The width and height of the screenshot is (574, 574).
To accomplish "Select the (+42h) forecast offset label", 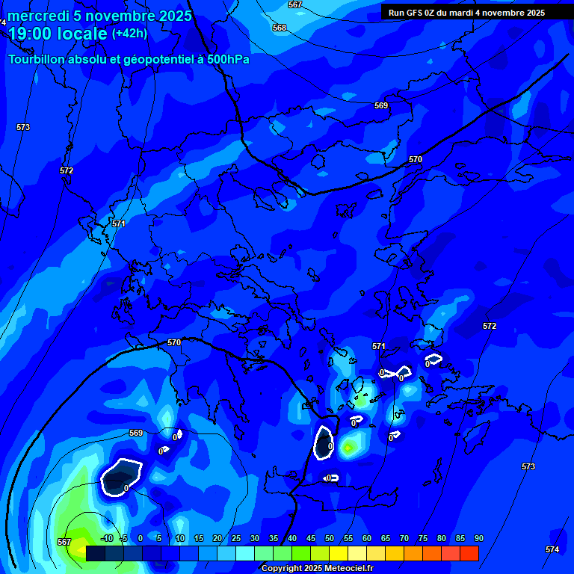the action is pos(129,34).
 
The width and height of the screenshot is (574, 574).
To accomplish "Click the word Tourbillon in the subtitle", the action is pos(37,59).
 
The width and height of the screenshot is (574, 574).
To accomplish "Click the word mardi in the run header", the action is pos(464,13).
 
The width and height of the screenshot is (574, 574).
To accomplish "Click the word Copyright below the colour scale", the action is pos(282,568).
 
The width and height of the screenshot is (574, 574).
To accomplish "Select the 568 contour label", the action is pos(280,28).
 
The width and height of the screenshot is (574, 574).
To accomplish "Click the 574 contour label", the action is pos(552,549).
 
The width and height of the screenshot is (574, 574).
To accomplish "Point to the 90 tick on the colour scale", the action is pos(478,539).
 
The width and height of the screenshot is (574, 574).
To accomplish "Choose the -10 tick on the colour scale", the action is pos(107,539).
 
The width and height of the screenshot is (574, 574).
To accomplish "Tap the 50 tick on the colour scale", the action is pos(329,539).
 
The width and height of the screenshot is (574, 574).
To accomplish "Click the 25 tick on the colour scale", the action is pos(236,539).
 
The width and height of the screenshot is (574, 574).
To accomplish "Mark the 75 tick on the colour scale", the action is pos(423,539).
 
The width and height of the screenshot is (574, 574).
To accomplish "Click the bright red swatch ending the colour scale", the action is pos(469,553).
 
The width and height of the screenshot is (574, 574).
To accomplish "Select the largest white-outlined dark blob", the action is pos(120,476).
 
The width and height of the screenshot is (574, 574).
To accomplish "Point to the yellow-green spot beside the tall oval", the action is pos(348,448).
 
